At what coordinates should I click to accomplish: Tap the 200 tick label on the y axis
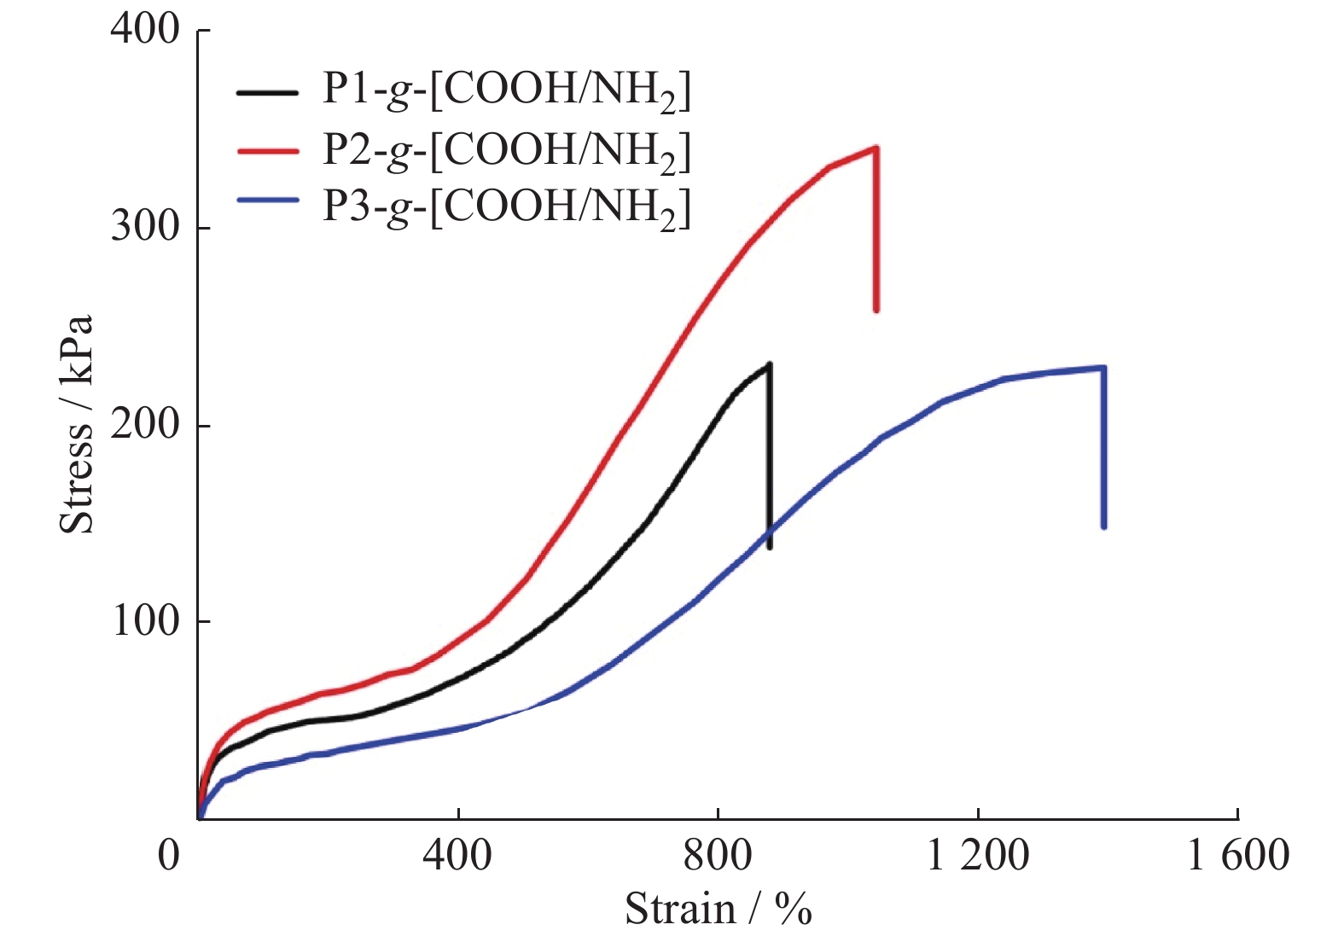coord(144,424)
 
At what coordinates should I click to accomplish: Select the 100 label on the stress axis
coord(144,620)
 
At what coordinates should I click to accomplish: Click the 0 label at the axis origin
coord(169,854)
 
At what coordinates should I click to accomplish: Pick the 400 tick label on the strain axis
coord(457,854)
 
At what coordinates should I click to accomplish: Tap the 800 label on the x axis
coord(718,854)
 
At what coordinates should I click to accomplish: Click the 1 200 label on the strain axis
coord(978,854)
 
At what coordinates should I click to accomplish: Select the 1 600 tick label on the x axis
coord(1238,854)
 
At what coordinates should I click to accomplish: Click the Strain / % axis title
coord(718,909)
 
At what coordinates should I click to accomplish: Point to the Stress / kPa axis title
coord(76,424)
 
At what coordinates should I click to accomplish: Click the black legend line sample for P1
coord(267,91)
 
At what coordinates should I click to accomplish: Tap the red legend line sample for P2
coord(267,149)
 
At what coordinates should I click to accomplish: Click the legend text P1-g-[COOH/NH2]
coord(506,90)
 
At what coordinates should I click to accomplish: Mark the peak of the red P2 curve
coord(876,148)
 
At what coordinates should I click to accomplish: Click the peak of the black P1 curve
coord(769,364)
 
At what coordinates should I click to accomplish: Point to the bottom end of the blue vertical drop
coord(1104,526)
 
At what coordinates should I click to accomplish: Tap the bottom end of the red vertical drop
coord(876,310)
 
